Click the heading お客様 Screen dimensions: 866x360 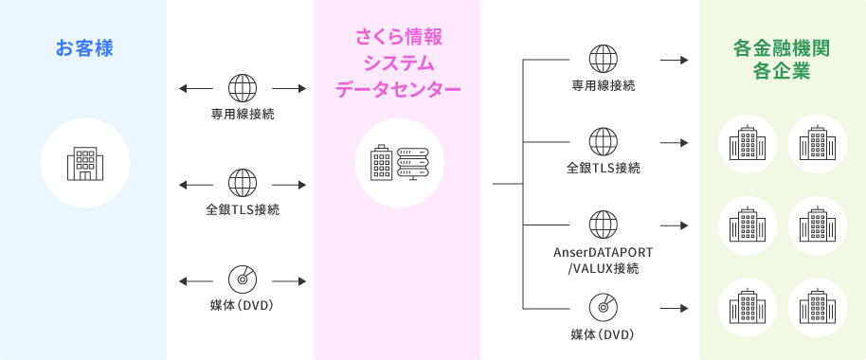coord(84,48)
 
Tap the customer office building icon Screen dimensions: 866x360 coord(85,164)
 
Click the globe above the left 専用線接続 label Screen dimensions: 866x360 coord(243,88)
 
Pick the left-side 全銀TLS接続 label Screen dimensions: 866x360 coord(243,209)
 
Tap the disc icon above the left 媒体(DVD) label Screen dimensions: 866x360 coord(243,280)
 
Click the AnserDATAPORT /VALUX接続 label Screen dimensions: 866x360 coord(604,261)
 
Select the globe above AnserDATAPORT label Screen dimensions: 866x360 coord(604,225)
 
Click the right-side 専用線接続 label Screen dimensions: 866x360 coord(604,85)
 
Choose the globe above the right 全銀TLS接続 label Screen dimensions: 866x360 coord(604,142)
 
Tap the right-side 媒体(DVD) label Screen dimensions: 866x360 coord(604,334)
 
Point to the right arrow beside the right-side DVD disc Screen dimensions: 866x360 coord(674,308)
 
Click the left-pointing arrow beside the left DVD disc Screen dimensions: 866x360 coord(196,281)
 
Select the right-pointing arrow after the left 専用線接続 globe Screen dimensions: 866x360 coord(289,88)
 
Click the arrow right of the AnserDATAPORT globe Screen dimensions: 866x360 coord(674,225)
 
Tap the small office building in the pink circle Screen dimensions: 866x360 coord(382,163)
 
